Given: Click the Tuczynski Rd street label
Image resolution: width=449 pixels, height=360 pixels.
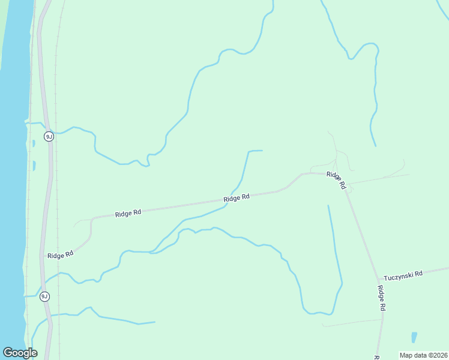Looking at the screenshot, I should [403, 274].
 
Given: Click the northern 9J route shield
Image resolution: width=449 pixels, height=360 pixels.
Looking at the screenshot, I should [49, 137].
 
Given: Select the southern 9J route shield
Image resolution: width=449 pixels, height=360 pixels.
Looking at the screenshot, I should [44, 296].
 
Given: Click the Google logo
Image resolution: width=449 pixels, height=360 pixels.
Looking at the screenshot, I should [20, 353].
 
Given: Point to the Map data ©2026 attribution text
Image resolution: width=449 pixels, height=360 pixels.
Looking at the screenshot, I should [423, 355].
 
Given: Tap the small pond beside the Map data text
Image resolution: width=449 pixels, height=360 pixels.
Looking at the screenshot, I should [414, 337].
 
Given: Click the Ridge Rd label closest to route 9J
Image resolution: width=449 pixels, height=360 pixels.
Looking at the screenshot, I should [60, 254].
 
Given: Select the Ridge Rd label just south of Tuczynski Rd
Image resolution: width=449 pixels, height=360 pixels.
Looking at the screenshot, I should [381, 298].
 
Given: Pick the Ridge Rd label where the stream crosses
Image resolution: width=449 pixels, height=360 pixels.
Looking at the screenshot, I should [237, 198].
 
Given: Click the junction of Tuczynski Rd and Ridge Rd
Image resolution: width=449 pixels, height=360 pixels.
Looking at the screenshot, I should [379, 279].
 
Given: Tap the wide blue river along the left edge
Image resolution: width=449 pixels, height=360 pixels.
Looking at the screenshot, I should [12, 180].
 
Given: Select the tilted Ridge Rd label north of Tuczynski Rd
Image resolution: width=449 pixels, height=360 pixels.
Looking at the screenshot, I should [336, 180].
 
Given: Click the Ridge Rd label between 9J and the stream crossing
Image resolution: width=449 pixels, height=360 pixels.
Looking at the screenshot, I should [128, 213].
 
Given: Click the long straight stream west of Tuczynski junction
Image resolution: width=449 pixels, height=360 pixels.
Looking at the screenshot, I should [335, 252].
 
